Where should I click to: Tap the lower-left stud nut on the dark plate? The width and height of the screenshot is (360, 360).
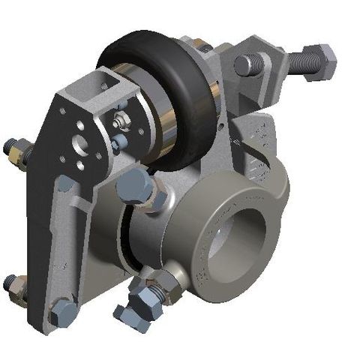point(10,283)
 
